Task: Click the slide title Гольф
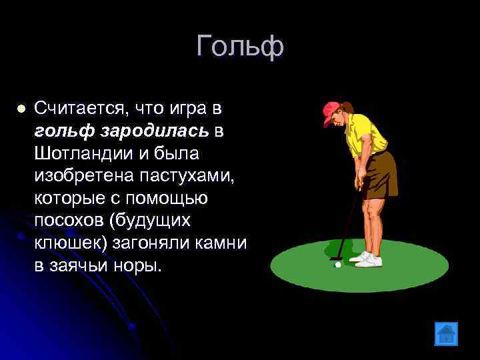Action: click(x=241, y=46)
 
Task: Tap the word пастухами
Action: click(x=189, y=176)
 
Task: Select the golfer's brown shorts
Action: click(x=381, y=173)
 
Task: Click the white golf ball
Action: click(x=338, y=265)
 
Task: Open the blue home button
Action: click(x=445, y=333)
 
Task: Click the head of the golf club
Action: click(x=335, y=256)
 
